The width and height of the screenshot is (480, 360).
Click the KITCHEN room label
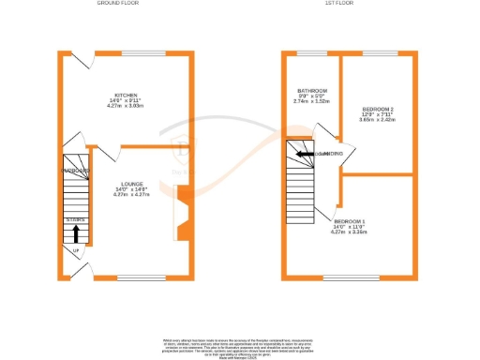127,95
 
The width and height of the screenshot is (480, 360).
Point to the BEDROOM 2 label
378,110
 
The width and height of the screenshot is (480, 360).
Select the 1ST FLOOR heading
338,4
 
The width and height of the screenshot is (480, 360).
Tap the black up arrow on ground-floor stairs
76,232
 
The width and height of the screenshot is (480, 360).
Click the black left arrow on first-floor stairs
302,154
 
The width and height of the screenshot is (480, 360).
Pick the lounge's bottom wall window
142,278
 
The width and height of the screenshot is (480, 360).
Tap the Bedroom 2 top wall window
378,53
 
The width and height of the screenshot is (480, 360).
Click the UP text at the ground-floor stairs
75,250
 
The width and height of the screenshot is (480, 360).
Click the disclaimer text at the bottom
240,344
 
